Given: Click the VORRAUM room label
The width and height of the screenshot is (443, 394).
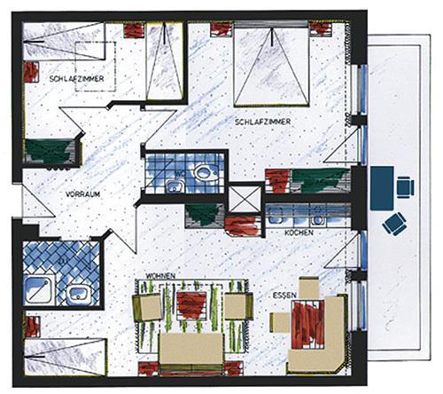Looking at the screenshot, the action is point(82,194).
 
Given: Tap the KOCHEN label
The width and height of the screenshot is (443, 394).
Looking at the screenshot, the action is point(299,232).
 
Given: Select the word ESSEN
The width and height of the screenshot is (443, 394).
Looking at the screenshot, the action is point(284,295).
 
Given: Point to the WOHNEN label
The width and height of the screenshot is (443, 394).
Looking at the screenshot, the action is point(160,276).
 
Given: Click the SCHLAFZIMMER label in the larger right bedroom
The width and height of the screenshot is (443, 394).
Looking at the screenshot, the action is point(262,122).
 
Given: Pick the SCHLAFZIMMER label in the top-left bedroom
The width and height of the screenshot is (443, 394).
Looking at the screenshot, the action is point(76,79).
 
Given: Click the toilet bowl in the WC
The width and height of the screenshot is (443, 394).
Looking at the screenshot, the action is point(205,171).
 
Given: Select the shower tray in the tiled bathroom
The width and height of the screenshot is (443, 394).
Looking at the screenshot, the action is point(39,290).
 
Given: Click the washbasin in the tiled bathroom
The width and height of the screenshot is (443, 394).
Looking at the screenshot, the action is point(77,294).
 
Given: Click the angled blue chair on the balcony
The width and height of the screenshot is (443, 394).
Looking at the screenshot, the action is point(394,224).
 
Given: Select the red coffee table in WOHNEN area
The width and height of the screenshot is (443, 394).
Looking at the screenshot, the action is point(191,305).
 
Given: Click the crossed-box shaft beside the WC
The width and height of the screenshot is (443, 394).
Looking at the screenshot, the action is point(245,199).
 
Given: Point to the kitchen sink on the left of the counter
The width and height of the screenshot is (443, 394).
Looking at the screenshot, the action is point(276,216).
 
